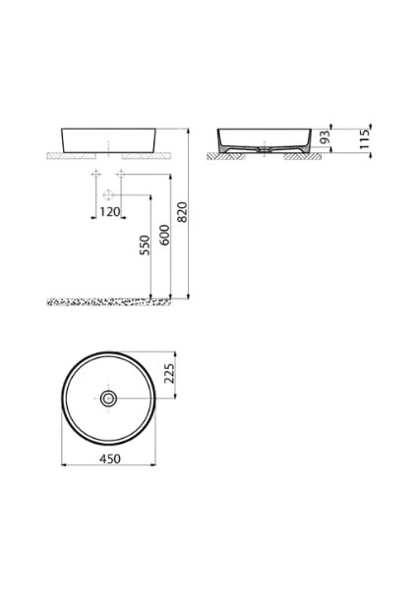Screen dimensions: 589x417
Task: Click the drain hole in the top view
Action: click(x=109, y=399)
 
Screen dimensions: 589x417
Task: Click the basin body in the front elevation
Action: click(x=108, y=140)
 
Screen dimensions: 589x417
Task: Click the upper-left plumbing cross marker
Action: click(x=96, y=175)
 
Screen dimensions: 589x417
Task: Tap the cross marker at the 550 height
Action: click(x=96, y=192)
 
